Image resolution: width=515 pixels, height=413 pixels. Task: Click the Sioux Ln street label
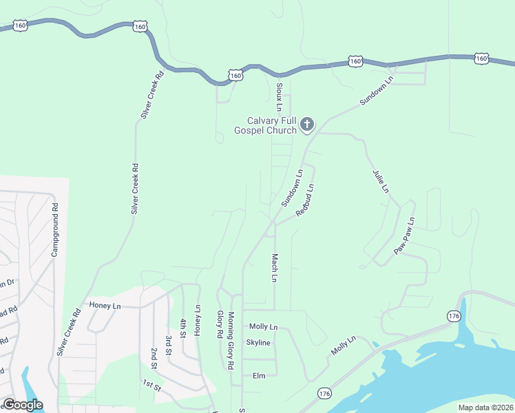279,97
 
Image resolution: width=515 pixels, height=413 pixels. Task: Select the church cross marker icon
307,125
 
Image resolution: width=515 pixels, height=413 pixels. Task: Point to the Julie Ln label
381,180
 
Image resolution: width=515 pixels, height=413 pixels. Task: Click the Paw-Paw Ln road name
404,237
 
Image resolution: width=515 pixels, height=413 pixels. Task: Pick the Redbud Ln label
305,200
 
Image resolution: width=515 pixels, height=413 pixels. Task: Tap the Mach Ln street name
274,268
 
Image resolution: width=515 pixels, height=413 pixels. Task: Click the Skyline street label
258,343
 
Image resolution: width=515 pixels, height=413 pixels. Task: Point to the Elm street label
259,375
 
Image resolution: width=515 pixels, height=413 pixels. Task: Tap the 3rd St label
168,343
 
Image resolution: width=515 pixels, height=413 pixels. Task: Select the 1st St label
151,386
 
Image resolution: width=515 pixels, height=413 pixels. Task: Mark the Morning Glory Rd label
231,341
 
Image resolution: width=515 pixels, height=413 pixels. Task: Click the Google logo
23,405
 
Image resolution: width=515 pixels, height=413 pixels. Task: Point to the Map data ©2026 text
485,407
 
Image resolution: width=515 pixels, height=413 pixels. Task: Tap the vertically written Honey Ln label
198,321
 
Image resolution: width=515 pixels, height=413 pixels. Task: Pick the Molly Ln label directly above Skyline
263,326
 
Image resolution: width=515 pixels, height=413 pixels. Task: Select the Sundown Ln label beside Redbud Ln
292,189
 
